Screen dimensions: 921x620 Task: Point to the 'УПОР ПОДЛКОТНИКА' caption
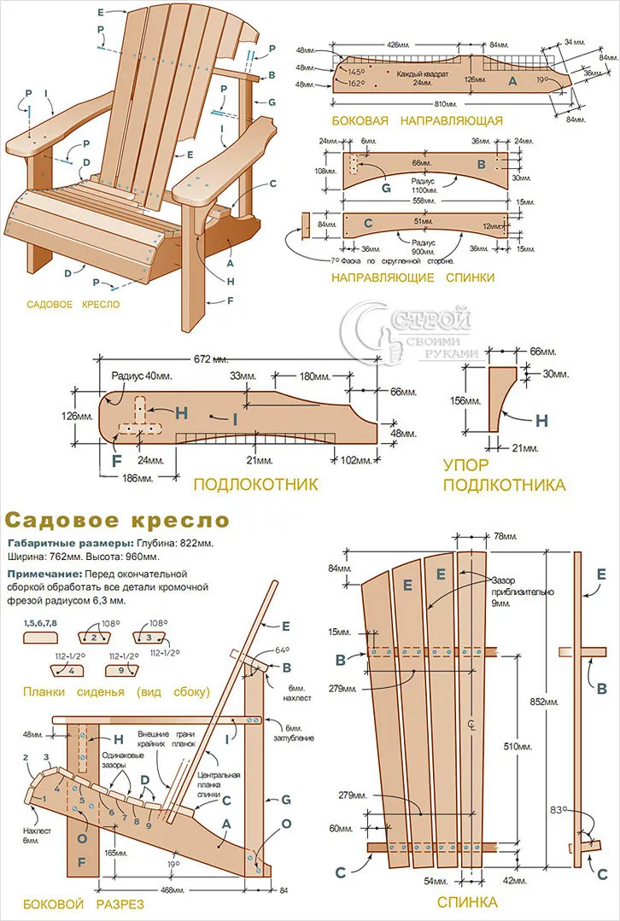point(504,475)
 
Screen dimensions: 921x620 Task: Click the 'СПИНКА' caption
point(466,901)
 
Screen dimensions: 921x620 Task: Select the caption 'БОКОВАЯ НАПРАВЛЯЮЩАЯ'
point(417,120)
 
